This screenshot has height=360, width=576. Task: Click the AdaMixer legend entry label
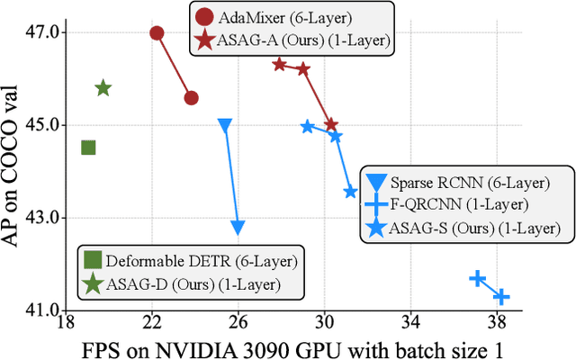coord(275,16)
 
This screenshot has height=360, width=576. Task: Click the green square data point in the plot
coord(88,148)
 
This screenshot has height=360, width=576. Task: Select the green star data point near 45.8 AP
coord(103,88)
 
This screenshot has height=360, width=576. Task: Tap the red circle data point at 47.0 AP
coord(157,33)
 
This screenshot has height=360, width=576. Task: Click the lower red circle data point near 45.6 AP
coord(191,98)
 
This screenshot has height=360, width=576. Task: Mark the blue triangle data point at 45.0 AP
coord(225,125)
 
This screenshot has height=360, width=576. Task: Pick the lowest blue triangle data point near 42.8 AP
coord(238,228)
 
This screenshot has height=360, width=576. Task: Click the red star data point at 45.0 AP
coord(331,125)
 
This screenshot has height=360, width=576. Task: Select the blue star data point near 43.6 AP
coord(350,192)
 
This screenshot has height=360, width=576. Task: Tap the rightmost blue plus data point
coord(501,296)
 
